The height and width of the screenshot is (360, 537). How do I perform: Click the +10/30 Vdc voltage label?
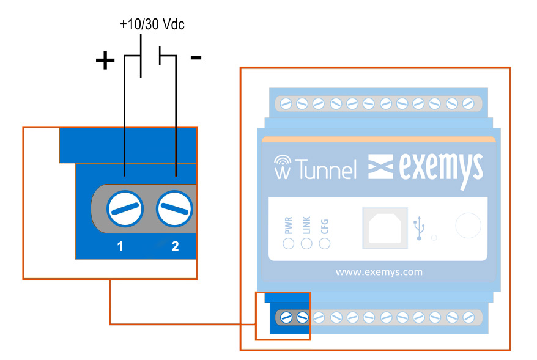[x=152, y=25]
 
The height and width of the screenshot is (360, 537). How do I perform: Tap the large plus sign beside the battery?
[x=105, y=61]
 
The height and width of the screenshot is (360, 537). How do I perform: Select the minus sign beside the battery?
[x=196, y=57]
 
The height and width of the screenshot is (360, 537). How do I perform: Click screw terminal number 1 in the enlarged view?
[x=125, y=210]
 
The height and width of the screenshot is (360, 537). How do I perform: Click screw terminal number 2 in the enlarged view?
[x=174, y=210]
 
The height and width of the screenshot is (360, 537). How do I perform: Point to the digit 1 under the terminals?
[x=120, y=246]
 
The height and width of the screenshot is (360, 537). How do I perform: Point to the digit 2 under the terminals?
[x=175, y=246]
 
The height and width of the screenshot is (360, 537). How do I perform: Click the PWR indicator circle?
[x=289, y=243]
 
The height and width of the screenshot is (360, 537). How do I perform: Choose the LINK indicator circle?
[x=306, y=243]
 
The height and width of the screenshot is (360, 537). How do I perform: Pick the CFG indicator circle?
[x=325, y=243]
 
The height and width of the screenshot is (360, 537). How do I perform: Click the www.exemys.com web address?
[x=379, y=272]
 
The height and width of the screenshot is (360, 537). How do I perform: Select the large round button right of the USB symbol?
[x=468, y=225]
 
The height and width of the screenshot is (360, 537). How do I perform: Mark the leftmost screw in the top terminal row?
[x=286, y=104]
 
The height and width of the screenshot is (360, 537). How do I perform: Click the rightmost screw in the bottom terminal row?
[x=468, y=317]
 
